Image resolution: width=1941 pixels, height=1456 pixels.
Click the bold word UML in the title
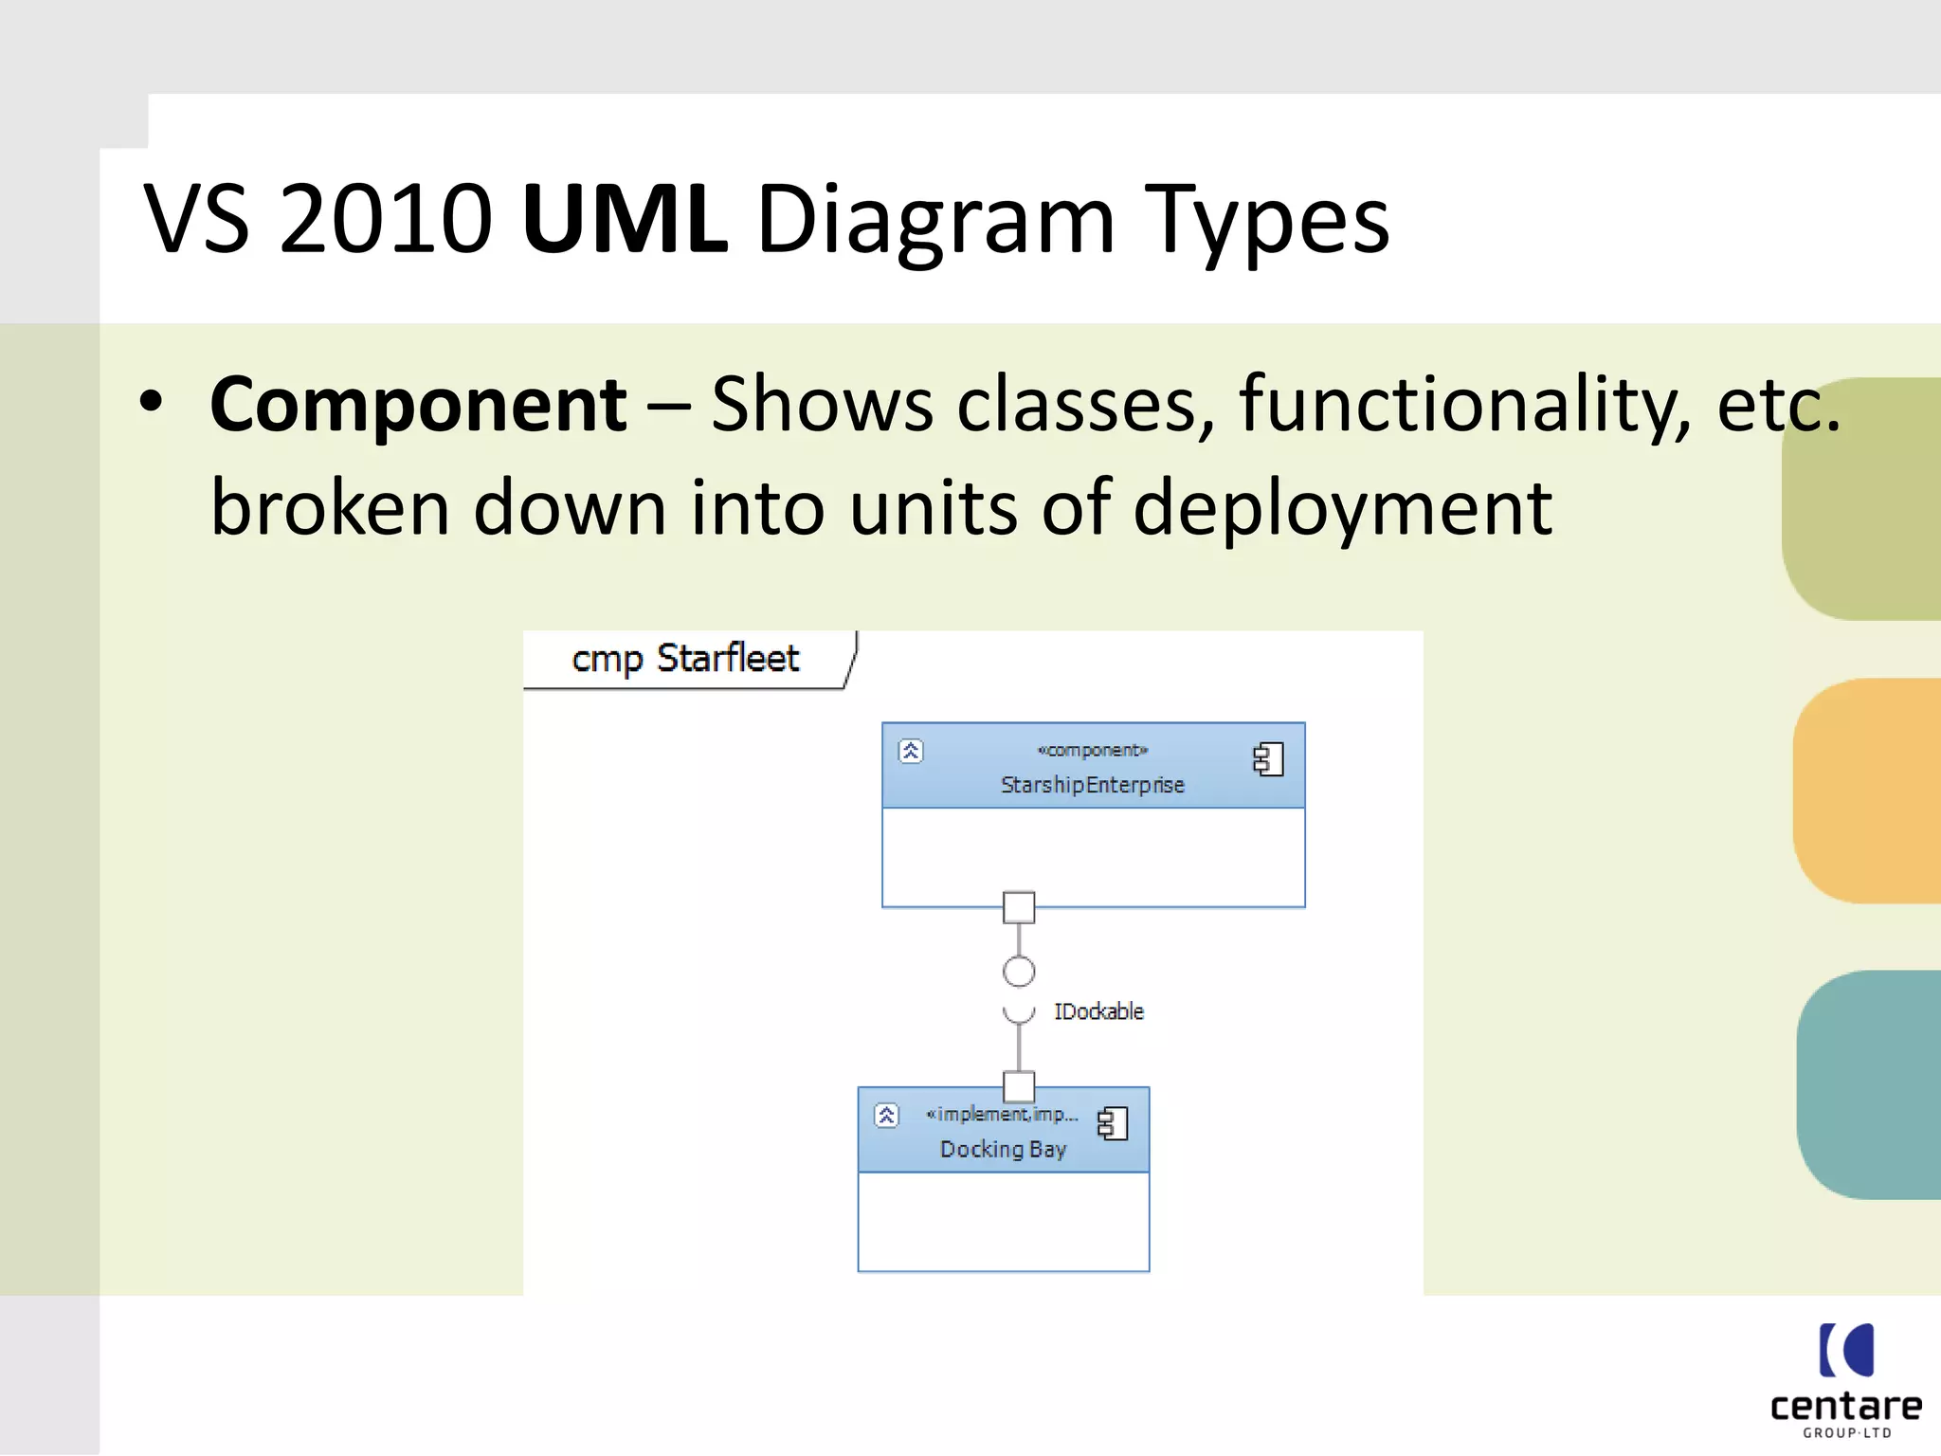(625, 220)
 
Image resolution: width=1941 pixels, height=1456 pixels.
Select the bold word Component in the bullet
(418, 405)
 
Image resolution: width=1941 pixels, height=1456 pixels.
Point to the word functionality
(1465, 405)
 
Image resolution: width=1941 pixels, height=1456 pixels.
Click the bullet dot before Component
(151, 402)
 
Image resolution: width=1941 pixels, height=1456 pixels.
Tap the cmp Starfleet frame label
(685, 658)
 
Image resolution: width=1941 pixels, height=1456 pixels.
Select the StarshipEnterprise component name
(1092, 785)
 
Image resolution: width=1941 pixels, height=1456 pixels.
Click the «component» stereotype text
(1092, 750)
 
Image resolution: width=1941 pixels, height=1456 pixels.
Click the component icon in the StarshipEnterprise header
(1268, 759)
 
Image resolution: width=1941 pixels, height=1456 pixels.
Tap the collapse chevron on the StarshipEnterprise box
(911, 752)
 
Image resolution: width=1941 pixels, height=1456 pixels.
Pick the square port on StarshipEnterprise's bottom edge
(1019, 907)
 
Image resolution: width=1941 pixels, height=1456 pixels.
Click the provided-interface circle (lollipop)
(1019, 972)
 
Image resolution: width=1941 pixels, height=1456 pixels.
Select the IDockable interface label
(1098, 1011)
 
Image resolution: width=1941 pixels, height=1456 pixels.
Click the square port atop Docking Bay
(1019, 1086)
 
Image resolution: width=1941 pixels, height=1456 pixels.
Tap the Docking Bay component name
(1003, 1149)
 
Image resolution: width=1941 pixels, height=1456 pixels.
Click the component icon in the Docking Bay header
(1113, 1124)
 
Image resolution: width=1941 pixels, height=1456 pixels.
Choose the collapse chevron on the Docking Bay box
(886, 1116)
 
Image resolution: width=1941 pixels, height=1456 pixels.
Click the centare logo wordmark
(1845, 1406)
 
